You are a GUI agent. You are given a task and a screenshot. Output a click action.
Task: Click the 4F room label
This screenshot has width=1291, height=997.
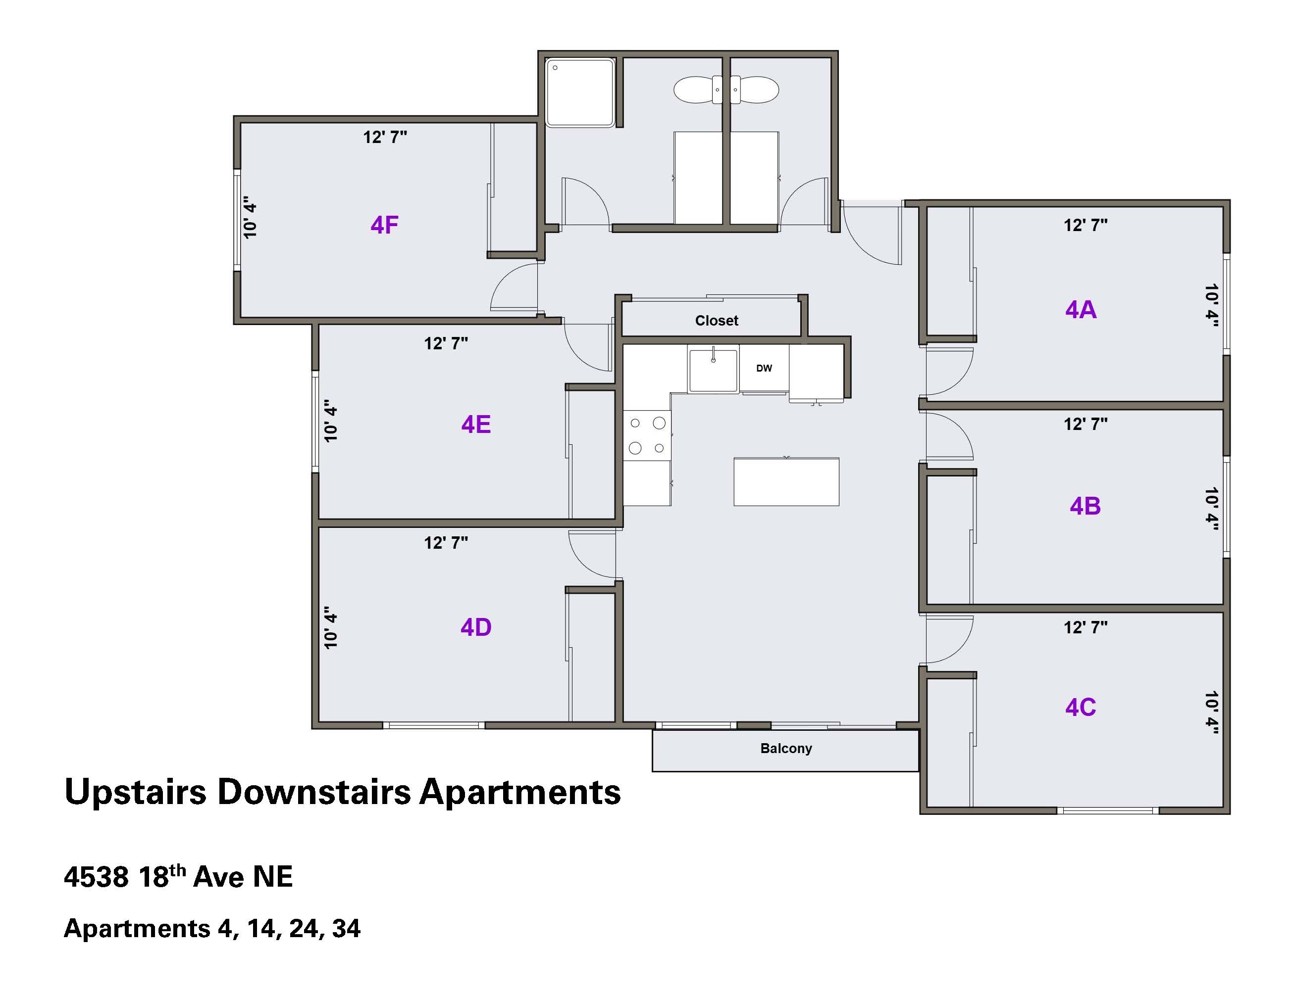(x=384, y=225)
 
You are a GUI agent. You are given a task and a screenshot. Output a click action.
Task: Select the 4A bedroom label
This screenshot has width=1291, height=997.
(x=1081, y=310)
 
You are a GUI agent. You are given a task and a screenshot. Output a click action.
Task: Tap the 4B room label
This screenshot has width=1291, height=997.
(x=1085, y=506)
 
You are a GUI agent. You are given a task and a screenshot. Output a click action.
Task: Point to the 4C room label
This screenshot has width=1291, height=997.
(x=1081, y=707)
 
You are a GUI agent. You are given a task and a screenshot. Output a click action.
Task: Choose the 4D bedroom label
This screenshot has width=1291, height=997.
(x=476, y=627)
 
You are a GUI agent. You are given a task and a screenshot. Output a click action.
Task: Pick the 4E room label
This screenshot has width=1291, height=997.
(x=476, y=424)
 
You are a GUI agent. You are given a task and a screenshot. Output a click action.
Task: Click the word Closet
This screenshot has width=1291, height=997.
(x=717, y=321)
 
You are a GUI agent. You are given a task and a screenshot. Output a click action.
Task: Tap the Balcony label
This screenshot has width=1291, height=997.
(x=786, y=748)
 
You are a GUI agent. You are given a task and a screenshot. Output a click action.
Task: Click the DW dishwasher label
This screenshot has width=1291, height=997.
(x=764, y=368)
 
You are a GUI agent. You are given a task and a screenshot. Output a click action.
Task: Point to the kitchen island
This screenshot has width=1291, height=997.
(x=786, y=481)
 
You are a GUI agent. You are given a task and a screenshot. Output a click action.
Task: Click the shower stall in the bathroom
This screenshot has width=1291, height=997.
(x=580, y=92)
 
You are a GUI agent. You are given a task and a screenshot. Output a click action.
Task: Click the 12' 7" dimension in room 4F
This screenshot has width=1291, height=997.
(x=385, y=137)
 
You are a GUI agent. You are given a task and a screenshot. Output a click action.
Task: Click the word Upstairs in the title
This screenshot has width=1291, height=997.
(x=135, y=793)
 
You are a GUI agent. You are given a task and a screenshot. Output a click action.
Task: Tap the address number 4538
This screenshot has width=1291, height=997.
(x=96, y=877)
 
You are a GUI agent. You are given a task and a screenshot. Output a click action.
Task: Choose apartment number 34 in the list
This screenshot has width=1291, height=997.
(x=346, y=929)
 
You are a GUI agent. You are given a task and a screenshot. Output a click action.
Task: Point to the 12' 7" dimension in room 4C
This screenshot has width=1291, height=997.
(x=1085, y=627)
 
